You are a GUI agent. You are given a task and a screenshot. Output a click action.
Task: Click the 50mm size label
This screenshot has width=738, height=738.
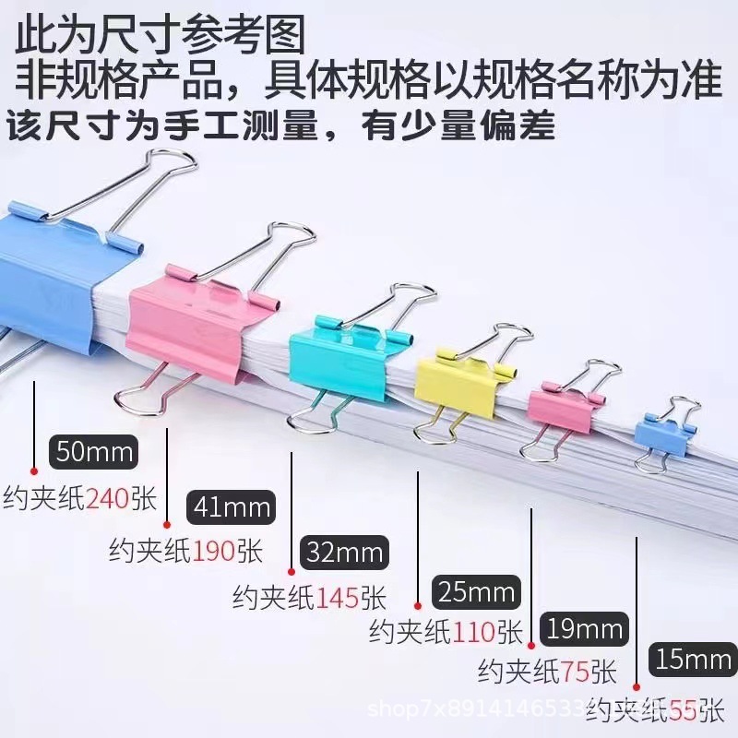coord(95,452)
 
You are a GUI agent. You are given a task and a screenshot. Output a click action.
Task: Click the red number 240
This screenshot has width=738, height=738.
coord(110,500)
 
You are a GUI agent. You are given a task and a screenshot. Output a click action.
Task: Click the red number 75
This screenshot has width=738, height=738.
coord(575,670)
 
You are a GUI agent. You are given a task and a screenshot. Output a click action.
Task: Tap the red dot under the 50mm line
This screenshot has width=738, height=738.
coord(34,469)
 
